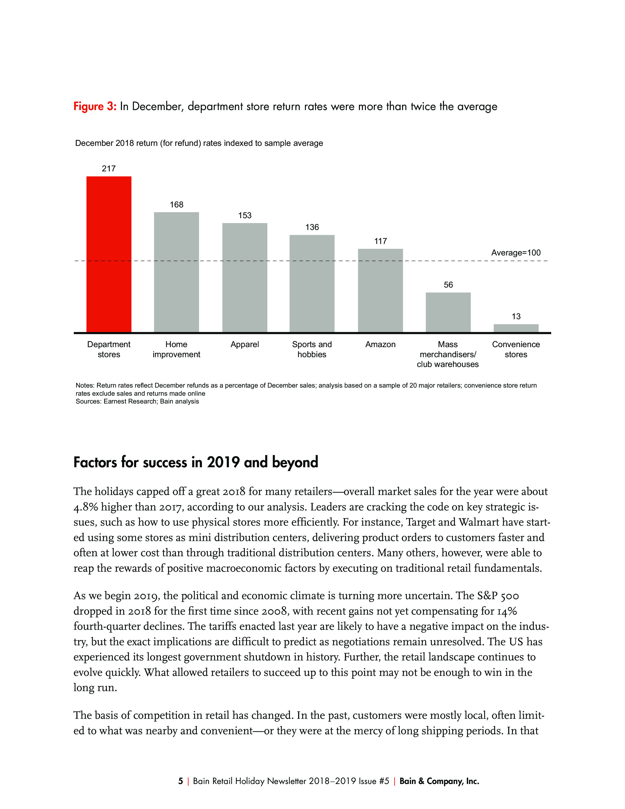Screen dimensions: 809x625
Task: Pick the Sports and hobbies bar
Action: pos(312,283)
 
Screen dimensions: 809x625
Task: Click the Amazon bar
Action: pos(380,291)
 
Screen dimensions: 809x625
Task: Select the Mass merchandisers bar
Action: pos(448,312)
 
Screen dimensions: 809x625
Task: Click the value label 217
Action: pos(109,169)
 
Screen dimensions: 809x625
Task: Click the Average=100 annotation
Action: pos(516,253)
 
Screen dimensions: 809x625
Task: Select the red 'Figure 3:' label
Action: pos(95,107)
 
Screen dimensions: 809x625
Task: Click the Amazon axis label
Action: pos(380,344)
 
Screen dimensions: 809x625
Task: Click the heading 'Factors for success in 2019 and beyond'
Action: pos(196,462)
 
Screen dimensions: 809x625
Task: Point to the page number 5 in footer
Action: pos(180,781)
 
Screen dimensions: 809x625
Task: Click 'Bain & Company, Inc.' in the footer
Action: pos(439,781)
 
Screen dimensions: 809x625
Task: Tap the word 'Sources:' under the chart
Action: pos(88,402)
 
